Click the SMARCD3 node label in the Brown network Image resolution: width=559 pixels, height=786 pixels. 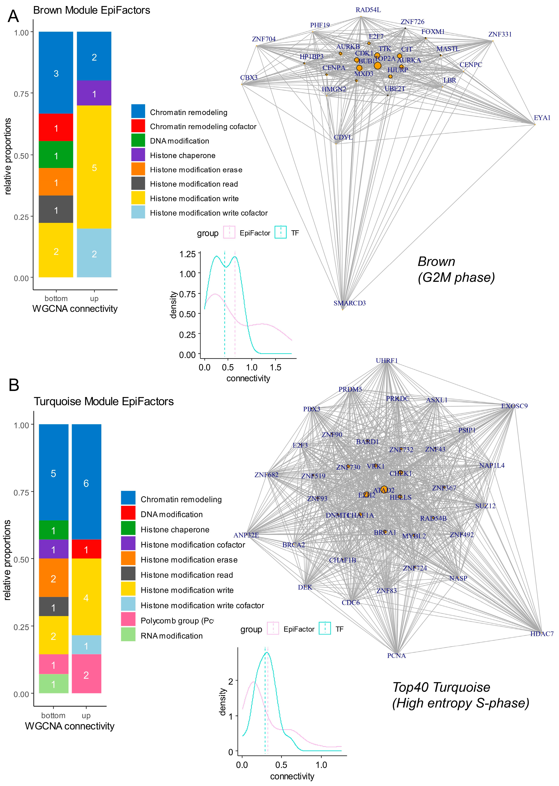pos(349,303)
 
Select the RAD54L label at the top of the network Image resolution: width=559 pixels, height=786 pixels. pos(368,10)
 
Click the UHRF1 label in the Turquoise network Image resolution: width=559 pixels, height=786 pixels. pos(386,361)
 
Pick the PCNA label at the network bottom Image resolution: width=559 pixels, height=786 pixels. pos(396,656)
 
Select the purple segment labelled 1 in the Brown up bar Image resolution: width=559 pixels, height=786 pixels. pos(94,93)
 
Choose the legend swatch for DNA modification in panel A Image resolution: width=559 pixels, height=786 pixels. pos(138,141)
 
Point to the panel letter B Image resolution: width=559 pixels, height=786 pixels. pos(14,385)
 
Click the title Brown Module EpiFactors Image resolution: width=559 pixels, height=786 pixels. pos(91,10)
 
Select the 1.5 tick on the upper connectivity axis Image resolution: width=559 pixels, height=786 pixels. pos(275,367)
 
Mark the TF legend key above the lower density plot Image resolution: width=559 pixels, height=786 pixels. pos(325,629)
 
